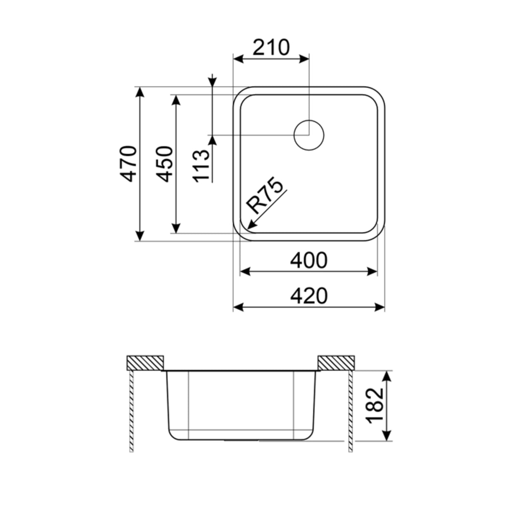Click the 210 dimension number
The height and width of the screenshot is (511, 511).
(x=271, y=47)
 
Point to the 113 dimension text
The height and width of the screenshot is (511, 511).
(x=202, y=165)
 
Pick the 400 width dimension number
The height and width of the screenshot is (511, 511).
(x=309, y=261)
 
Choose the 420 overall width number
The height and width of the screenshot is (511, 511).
(x=309, y=296)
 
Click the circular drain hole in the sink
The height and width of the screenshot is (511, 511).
(x=309, y=135)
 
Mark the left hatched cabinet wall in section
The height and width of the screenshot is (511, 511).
(x=131, y=410)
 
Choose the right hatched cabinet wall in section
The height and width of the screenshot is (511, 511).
(x=350, y=410)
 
